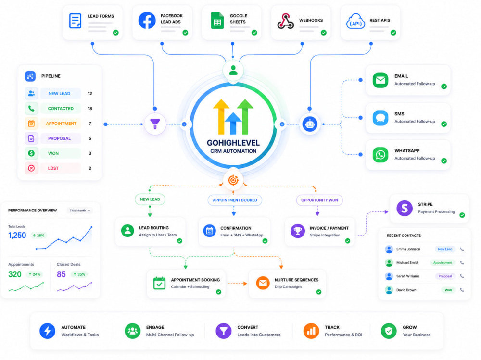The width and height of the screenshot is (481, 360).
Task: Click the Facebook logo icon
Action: coord(147,21)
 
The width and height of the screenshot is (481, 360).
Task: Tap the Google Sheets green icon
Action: coord(217,21)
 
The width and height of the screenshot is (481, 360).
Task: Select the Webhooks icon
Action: coord(286,21)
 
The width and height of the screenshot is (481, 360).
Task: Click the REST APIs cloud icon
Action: coord(355,21)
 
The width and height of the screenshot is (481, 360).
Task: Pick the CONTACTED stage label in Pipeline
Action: coord(61,109)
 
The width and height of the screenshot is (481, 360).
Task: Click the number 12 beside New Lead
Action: coord(90,94)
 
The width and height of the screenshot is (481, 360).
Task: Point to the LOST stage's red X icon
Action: coord(31,168)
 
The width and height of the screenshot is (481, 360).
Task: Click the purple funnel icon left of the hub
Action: coord(155,124)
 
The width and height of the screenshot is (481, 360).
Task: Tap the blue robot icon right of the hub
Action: coord(310,124)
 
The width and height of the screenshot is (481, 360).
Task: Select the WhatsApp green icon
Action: coord(380,155)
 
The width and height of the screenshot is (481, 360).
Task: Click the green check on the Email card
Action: coord(444,87)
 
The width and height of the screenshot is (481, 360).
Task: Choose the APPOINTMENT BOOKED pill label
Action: coord(235,200)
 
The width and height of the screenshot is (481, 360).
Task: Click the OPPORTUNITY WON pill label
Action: coord(319,200)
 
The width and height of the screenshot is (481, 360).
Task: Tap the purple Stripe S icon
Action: coord(405,208)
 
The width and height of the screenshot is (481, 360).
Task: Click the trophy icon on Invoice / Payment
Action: coord(298,231)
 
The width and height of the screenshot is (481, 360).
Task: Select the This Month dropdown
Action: coord(80,211)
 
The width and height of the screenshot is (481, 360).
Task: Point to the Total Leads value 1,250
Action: coord(17,235)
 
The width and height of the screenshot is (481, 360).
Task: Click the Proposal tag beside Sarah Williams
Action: coord(445,276)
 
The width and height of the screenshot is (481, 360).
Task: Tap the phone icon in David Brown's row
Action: coord(462,290)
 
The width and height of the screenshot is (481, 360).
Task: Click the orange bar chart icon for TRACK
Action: coord(311,331)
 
